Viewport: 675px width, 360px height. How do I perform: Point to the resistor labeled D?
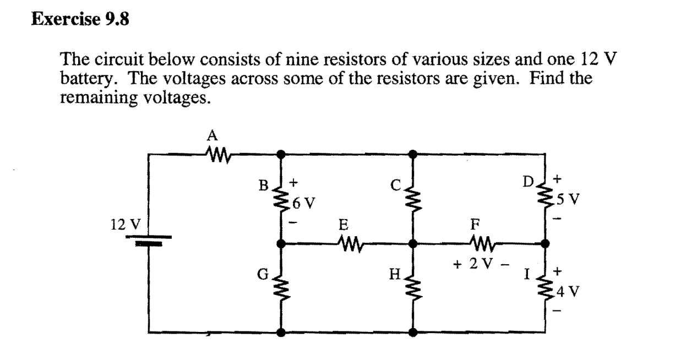click(x=546, y=198)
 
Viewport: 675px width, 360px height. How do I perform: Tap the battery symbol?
click(x=150, y=240)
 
